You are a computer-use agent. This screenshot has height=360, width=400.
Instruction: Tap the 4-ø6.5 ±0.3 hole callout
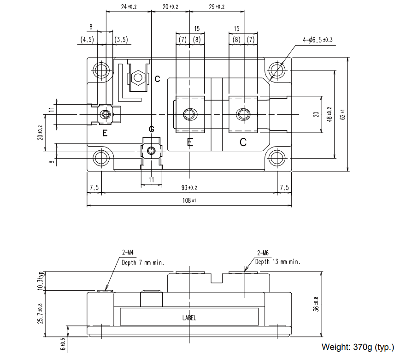pos(318,41)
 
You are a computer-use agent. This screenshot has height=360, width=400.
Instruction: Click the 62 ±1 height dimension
pos(342,114)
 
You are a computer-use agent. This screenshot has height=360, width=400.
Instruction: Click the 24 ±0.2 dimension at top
pos(129,7)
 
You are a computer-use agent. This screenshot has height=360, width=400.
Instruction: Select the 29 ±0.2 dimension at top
pos(217,7)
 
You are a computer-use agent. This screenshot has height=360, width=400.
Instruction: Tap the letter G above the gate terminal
pos(152,129)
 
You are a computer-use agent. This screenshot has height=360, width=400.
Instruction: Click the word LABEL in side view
pos(189,318)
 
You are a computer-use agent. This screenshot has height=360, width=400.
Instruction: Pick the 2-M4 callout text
pos(128,253)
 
